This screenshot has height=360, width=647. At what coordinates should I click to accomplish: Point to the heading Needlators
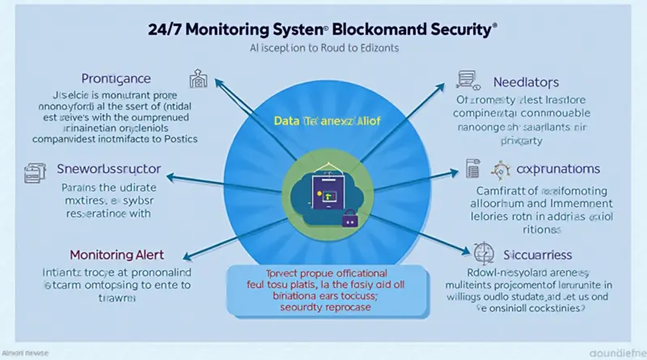[526, 83]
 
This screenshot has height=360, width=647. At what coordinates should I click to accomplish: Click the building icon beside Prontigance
[198, 78]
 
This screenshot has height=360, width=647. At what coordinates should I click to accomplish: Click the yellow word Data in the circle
[286, 119]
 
